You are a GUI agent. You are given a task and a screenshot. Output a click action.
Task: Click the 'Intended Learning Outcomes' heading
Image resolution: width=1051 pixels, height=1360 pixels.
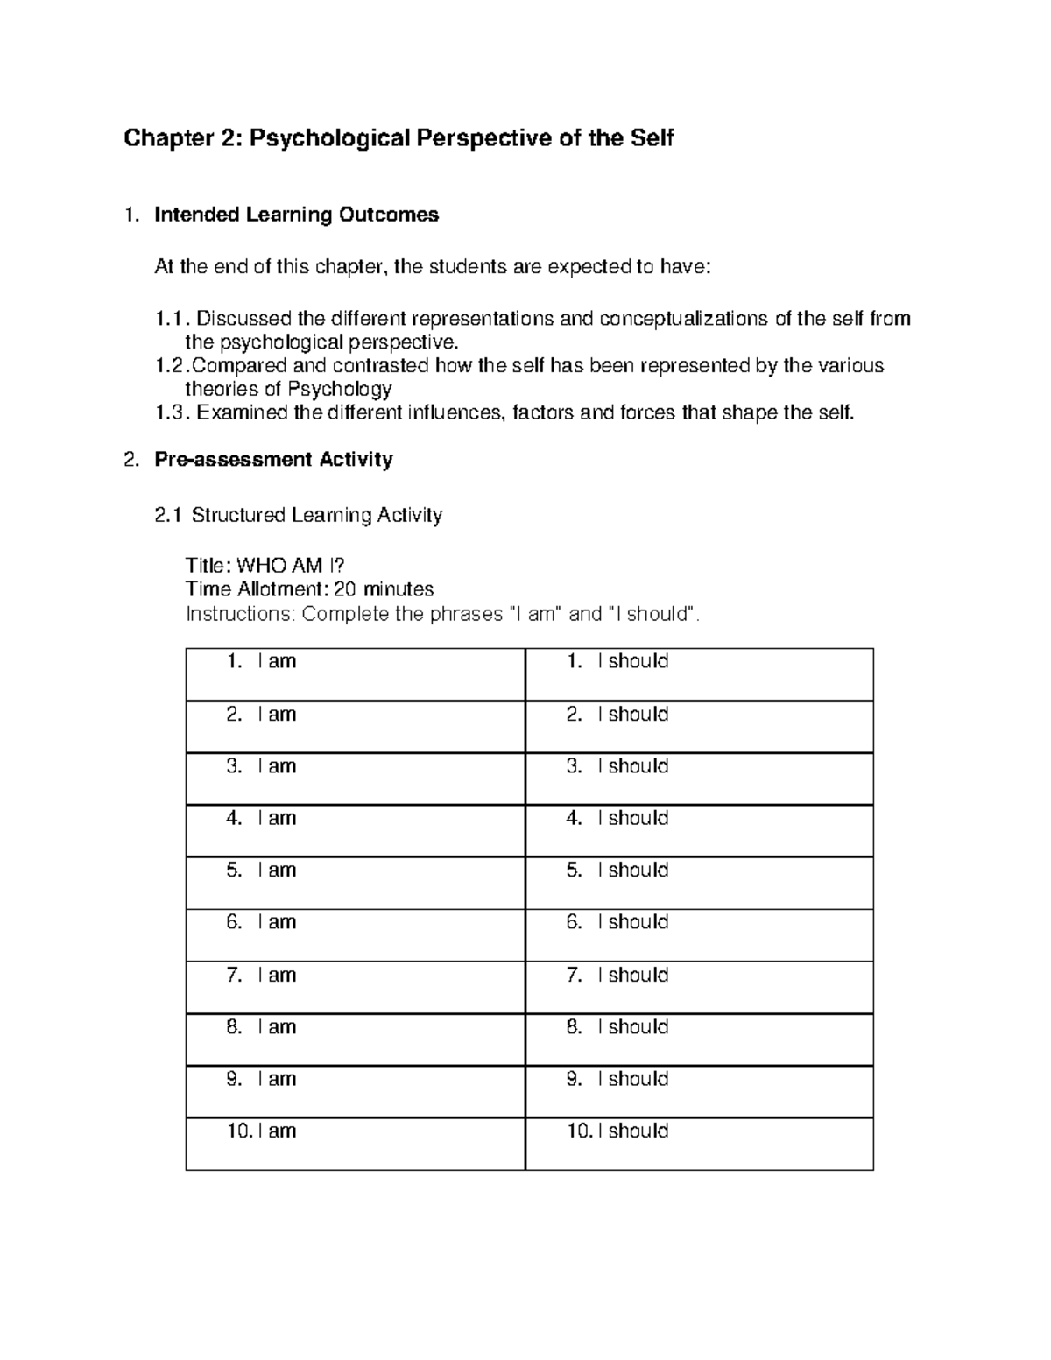(296, 215)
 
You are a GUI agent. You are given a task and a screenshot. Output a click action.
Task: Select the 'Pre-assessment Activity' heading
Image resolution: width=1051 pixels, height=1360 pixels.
(273, 460)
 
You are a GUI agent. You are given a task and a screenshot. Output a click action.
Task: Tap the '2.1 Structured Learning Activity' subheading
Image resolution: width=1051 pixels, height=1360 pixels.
(298, 516)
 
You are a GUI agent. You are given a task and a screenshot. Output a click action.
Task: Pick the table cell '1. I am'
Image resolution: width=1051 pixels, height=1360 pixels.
(355, 673)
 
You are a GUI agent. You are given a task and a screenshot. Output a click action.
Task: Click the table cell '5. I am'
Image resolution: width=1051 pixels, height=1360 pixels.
(355, 882)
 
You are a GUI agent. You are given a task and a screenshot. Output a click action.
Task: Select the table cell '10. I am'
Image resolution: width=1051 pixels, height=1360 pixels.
(355, 1143)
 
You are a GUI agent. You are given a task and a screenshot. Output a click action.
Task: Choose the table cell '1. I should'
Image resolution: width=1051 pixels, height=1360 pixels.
(699, 673)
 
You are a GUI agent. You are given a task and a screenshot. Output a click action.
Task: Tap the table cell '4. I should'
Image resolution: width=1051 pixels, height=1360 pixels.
(699, 830)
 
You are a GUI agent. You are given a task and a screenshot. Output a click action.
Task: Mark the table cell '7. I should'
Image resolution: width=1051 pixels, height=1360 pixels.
(699, 987)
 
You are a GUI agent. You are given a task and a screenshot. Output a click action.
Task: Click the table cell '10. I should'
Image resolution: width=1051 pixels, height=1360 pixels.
(699, 1143)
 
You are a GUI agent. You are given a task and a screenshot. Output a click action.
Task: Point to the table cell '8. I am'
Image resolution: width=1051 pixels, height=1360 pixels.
(355, 1039)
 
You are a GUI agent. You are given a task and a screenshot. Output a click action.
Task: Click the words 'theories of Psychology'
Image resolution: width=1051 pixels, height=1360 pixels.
(288, 390)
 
